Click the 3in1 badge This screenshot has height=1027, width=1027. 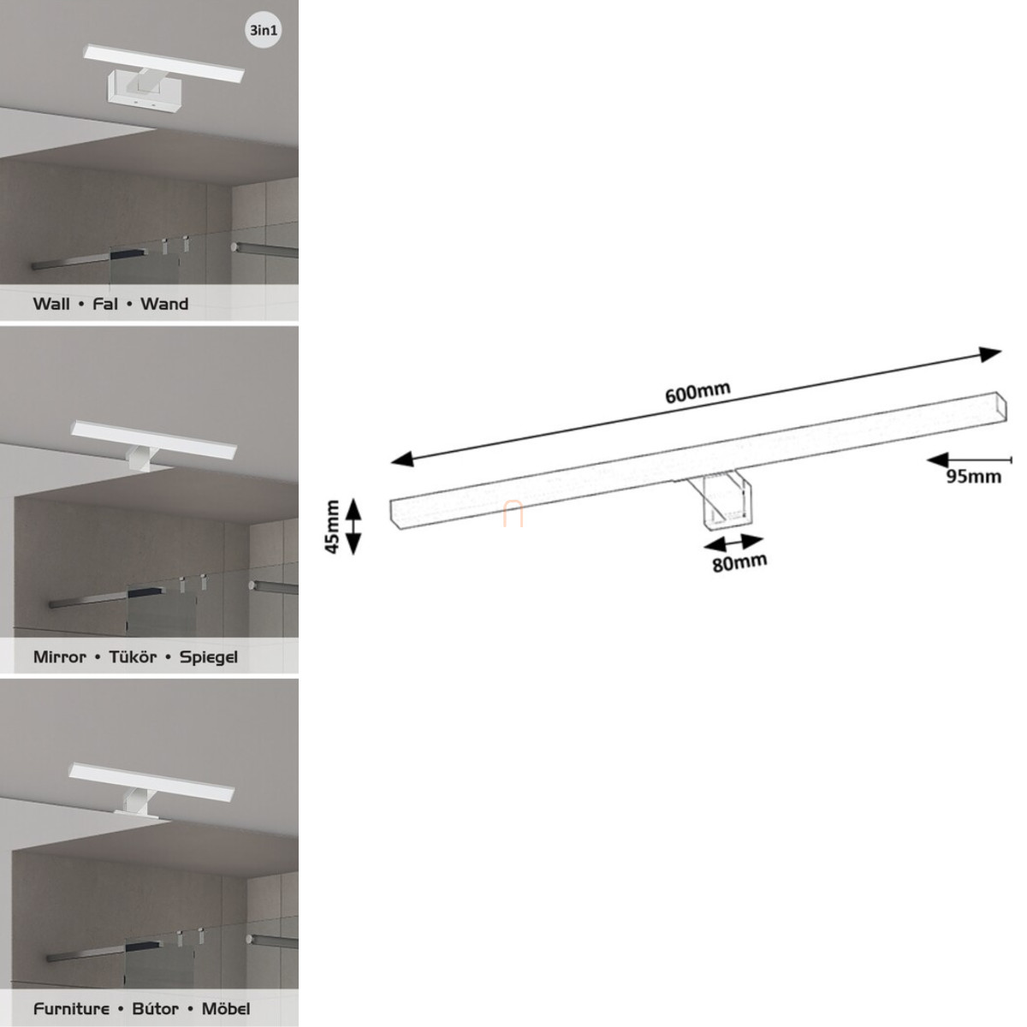264,30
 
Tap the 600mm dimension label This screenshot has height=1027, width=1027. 698,392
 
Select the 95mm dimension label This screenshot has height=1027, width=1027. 973,476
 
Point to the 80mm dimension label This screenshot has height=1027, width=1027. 739,563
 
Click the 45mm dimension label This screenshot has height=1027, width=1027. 332,526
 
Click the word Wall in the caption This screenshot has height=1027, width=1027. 51,304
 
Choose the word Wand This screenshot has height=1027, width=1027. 164,304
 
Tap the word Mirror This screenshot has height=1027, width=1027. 60,656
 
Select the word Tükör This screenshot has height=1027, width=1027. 133,656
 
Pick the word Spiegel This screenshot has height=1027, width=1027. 208,657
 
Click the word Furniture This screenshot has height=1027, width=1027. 71,1009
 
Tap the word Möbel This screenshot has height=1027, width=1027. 225,1008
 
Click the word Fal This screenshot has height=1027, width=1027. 105,304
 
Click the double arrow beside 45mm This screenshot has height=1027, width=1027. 353,526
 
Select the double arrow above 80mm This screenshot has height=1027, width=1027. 733,544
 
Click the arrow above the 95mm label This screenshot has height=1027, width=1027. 969,460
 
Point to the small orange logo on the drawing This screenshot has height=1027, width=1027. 513,514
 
